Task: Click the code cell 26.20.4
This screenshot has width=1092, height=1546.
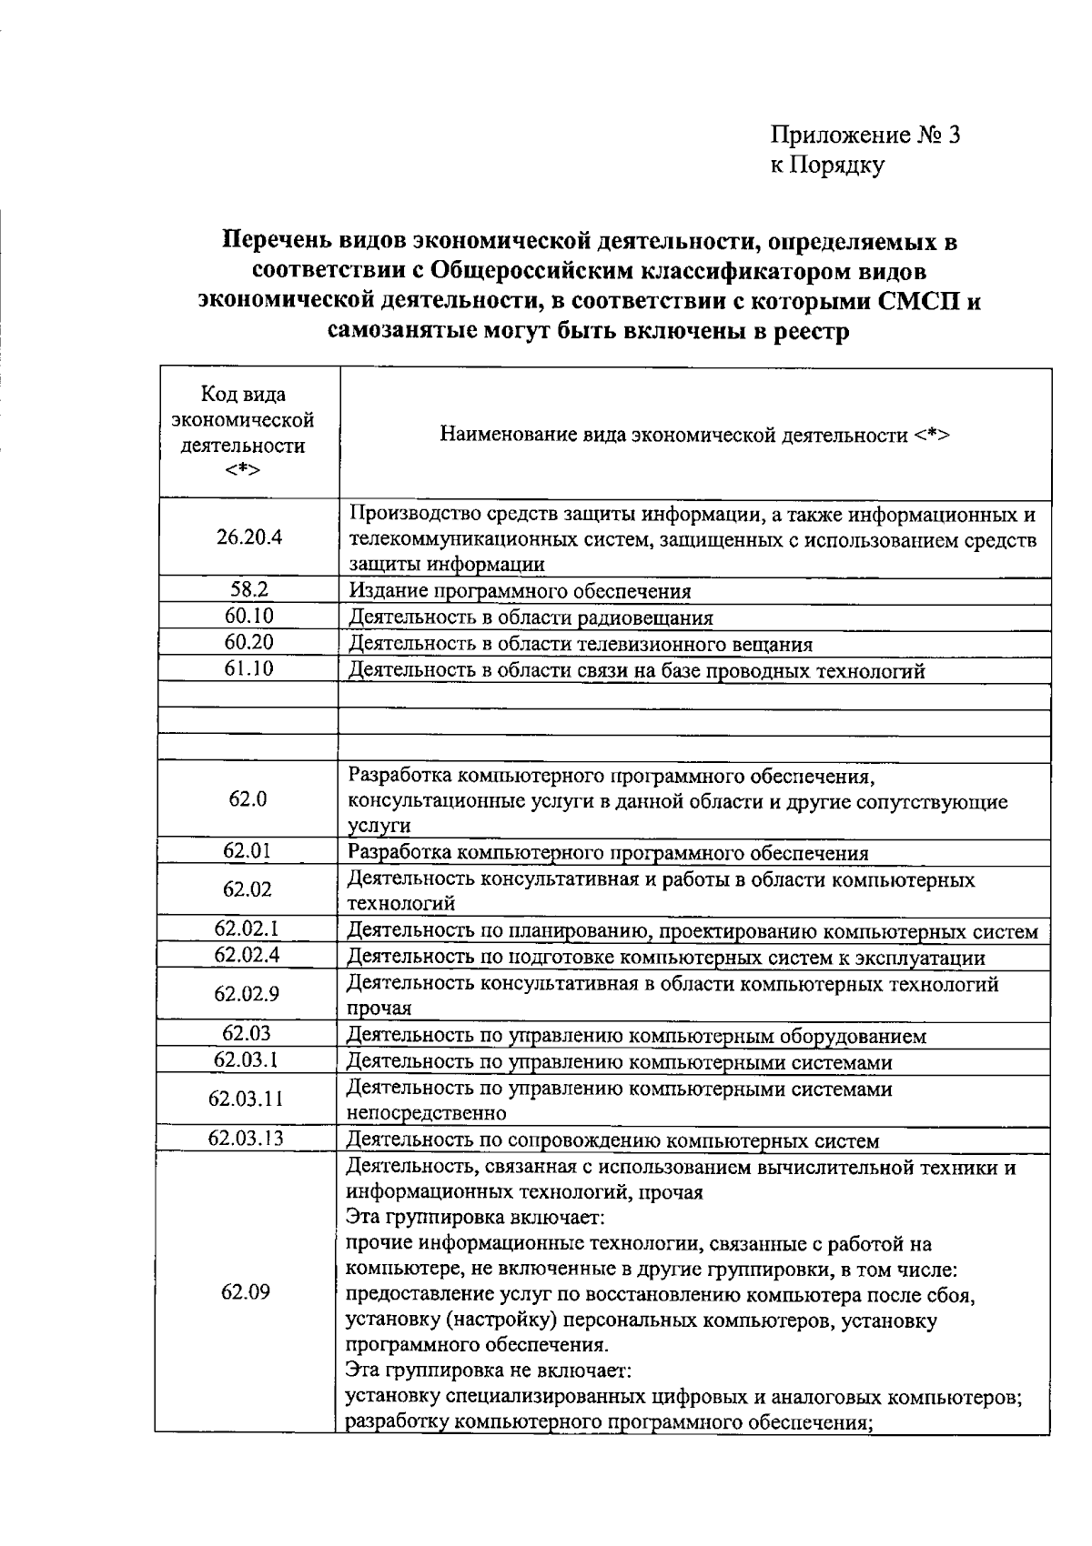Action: [248, 537]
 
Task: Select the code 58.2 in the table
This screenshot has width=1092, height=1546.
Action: [248, 589]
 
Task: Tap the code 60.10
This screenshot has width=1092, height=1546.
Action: [248, 616]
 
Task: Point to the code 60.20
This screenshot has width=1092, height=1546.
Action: [248, 642]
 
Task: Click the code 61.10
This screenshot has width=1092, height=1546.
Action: [248, 668]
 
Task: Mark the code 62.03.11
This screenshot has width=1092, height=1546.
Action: [246, 1099]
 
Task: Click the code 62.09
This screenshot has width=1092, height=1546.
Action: [246, 1292]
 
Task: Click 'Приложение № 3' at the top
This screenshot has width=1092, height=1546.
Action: [865, 136]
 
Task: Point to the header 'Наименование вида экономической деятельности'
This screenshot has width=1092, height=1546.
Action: [694, 435]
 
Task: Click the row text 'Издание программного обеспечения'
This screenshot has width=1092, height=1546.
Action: [520, 592]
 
